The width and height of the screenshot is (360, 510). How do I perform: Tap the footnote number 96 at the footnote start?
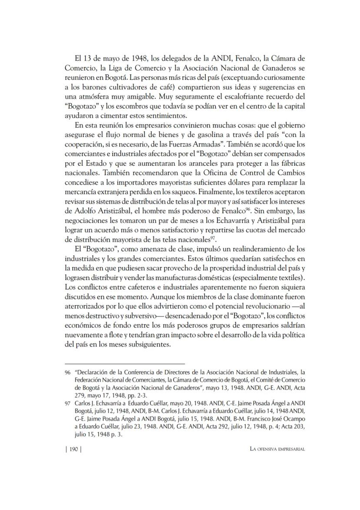(x=67, y=372)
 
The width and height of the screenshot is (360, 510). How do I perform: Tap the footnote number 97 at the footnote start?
(x=67, y=403)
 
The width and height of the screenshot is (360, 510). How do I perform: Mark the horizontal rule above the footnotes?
(x=124, y=363)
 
